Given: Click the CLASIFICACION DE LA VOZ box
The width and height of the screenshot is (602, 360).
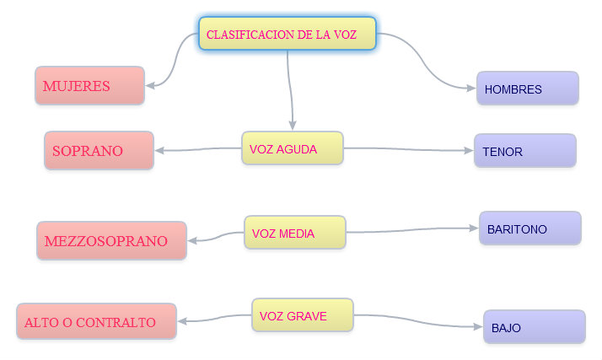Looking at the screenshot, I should tap(287, 34).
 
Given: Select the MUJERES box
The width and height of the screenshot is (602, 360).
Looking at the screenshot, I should tap(89, 86).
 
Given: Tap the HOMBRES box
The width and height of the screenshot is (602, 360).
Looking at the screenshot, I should tap(527, 89).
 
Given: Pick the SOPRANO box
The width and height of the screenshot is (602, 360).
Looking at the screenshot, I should tap(99, 151).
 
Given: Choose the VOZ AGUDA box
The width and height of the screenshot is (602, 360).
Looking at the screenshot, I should tap(292, 148).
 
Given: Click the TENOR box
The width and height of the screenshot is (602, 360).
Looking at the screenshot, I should tap(524, 151).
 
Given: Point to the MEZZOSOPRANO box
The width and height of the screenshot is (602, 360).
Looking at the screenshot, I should tap(111, 241).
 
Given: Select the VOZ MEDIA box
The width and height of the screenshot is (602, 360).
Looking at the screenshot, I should tap(294, 233).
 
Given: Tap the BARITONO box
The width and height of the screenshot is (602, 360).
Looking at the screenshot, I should tap(529, 228).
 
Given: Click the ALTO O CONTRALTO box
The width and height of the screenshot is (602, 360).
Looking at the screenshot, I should tap(96, 321).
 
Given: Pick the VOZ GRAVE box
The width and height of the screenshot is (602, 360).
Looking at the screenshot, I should tap(302, 315).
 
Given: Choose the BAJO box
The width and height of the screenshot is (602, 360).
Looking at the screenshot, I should tap(534, 327).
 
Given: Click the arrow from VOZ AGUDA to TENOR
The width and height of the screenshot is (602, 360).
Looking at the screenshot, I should tap(409, 150).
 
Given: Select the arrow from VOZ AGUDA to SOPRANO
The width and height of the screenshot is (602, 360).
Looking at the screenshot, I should tap(198, 151).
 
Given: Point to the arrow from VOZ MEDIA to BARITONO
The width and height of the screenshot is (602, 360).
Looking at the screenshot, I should tap(413, 230).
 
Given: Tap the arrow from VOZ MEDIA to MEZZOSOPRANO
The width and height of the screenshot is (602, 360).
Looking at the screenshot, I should tap(216, 238).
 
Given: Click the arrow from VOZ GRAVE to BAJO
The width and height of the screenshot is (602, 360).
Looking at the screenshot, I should tap(419, 323).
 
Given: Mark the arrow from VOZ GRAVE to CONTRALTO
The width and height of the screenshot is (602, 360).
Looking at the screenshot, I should tap(215, 319).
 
